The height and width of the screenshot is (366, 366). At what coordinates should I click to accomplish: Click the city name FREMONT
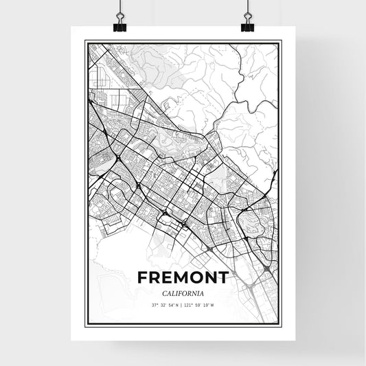point(183,277)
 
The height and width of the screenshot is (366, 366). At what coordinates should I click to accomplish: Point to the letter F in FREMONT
point(143,277)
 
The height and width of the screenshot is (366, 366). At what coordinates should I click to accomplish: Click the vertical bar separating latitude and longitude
point(181,305)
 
